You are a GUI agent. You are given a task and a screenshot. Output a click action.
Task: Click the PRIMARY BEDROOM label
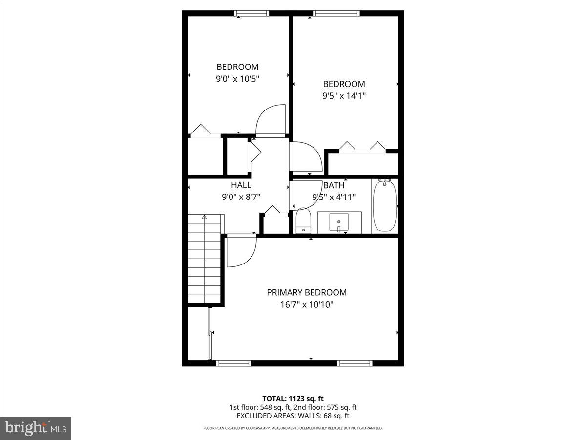click(307, 292)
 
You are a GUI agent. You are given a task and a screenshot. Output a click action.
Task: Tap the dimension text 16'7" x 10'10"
click(307, 304)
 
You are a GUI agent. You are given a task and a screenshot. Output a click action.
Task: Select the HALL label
click(241, 185)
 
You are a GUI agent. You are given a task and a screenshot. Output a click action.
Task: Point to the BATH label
click(334, 186)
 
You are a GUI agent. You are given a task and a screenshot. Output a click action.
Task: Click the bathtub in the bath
click(385, 206)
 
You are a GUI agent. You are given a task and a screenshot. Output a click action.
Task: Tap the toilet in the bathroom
click(303, 221)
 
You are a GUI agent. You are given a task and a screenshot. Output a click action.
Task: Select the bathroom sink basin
click(339, 223)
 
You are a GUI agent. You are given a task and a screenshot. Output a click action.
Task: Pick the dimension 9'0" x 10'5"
click(237, 78)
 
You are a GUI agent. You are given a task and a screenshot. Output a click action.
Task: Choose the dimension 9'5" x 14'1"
click(344, 96)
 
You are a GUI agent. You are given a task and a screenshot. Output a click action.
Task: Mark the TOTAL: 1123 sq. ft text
click(293, 398)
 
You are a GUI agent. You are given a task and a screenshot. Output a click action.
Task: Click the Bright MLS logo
click(36, 428)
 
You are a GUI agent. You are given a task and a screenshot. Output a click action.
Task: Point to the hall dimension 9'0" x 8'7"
click(241, 197)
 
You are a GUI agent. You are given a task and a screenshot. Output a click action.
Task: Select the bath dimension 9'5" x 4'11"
click(334, 198)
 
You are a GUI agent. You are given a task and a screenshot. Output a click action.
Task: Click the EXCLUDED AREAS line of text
click(293, 416)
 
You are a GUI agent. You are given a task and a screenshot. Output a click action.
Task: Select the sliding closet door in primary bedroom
click(210, 335)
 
